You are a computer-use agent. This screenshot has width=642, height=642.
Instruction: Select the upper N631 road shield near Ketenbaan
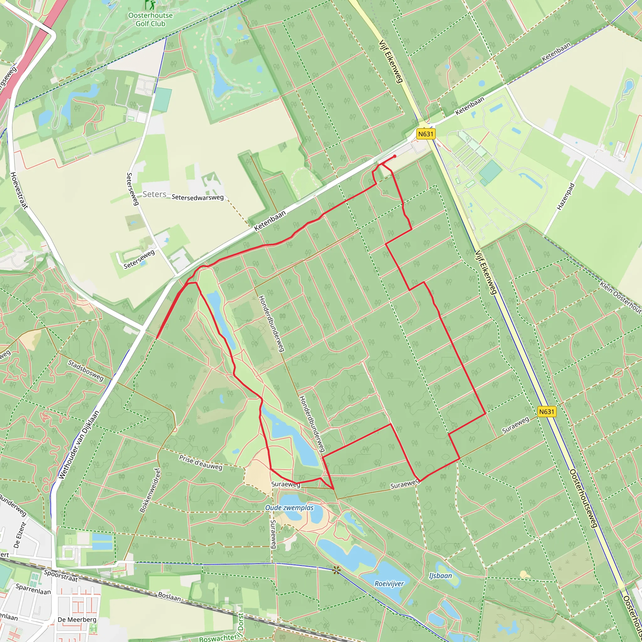point(426,134)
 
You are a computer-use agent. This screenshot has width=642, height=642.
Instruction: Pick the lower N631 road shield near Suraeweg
point(547,412)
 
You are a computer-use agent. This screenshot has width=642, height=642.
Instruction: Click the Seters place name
point(154,194)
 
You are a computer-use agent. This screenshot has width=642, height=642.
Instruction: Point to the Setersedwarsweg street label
point(198,197)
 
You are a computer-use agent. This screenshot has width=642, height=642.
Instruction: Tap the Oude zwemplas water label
point(289,508)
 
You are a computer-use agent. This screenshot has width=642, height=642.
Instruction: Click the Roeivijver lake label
point(389,583)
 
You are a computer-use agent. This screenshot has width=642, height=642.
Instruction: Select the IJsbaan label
point(440,576)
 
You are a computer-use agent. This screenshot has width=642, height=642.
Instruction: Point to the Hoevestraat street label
point(19,190)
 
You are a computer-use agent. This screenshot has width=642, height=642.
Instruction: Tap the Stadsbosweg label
point(86,370)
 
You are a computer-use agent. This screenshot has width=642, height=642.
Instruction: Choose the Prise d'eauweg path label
point(201,462)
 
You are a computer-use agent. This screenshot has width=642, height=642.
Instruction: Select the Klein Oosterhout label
point(620,297)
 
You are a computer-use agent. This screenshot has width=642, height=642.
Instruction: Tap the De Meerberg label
point(77,619)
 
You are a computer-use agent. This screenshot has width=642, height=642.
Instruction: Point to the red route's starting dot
point(394,156)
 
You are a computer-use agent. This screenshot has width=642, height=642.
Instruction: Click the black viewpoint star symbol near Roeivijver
point(336,571)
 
